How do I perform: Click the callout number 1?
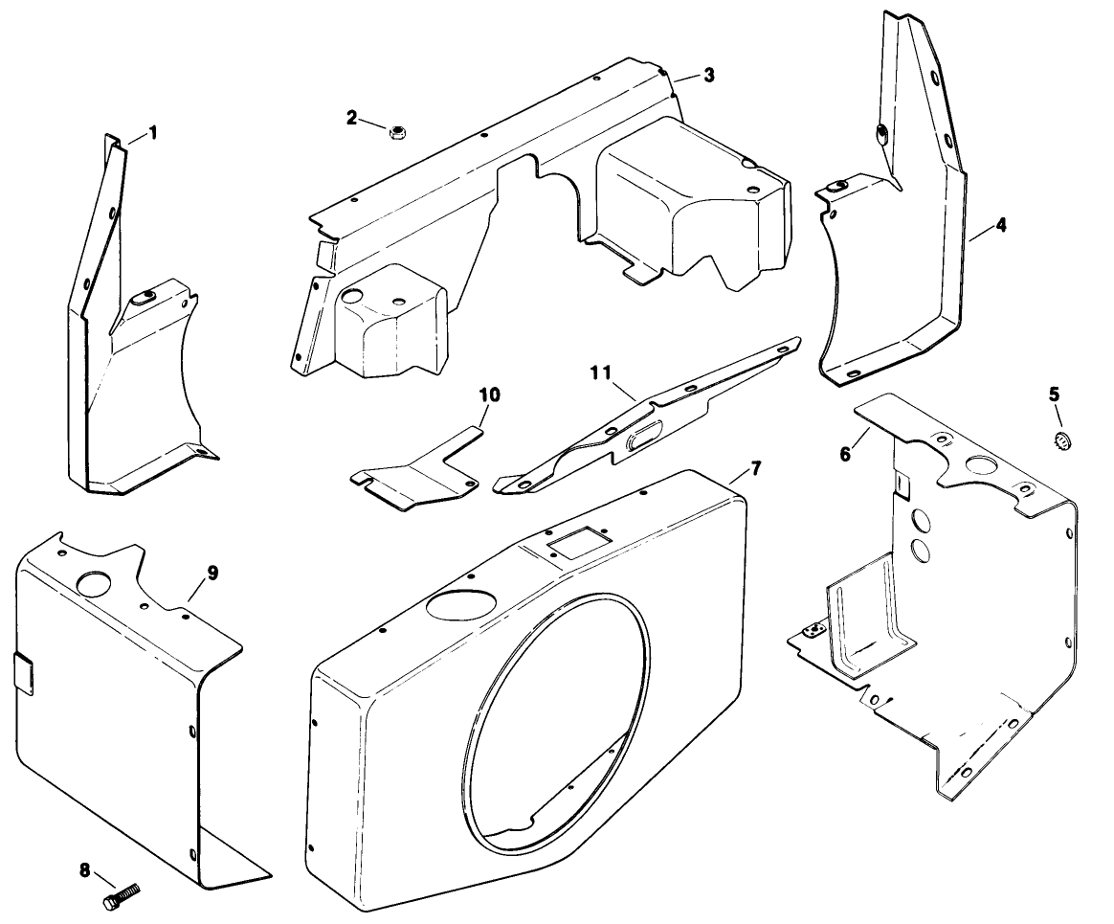[x=153, y=132]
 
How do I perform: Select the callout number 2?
[x=352, y=118]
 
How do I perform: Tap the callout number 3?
[x=708, y=76]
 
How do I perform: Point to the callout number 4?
[x=1000, y=226]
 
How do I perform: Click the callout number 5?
[x=1054, y=394]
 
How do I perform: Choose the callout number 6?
[x=845, y=454]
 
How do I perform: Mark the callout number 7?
[x=756, y=468]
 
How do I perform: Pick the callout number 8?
[x=85, y=870]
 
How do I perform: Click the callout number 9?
[x=212, y=573]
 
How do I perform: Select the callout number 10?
[x=489, y=394]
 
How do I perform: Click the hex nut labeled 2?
[x=395, y=129]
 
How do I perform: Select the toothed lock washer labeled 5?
[x=1059, y=440]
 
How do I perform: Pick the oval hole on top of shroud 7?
[x=460, y=603]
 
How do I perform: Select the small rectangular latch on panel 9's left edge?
[x=25, y=672]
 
